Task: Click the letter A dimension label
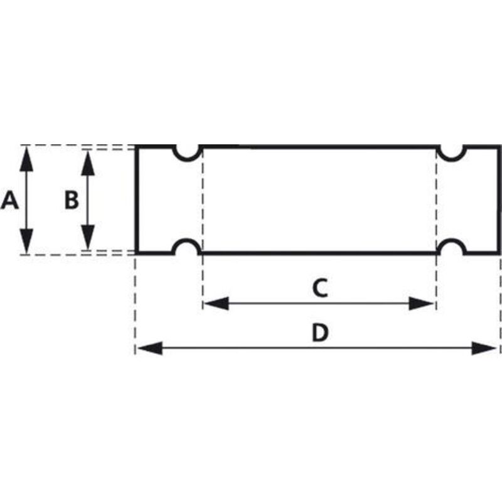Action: [x=9, y=200]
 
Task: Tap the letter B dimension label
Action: [x=72, y=200]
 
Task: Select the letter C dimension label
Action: [x=320, y=288]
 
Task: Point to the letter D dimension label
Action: [x=320, y=333]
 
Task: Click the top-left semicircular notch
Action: [x=188, y=159]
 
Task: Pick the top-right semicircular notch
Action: [x=452, y=159]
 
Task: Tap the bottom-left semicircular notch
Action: [x=188, y=240]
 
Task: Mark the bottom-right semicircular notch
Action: [x=452, y=240]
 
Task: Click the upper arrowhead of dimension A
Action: [x=26, y=159]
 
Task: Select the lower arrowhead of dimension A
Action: [x=26, y=241]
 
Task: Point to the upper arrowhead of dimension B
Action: [x=88, y=163]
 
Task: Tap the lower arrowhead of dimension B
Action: [x=88, y=237]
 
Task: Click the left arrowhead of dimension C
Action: [x=216, y=303]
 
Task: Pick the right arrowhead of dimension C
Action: [x=421, y=304]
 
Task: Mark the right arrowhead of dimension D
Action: [x=484, y=348]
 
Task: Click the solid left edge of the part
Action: [x=136, y=200]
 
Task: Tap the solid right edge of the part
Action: [x=499, y=200]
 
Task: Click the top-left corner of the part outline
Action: [x=136, y=146]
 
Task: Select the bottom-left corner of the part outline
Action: [x=136, y=254]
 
